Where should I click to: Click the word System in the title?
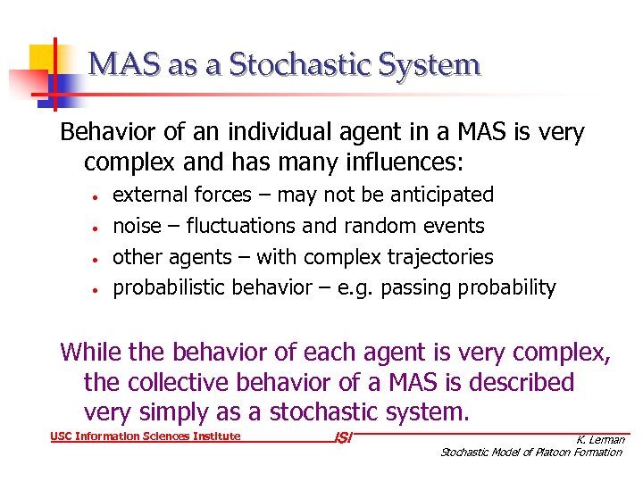tap(431, 65)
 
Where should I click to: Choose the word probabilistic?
tap(169, 287)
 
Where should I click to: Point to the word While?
tap(91, 352)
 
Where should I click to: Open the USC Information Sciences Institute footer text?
tap(144, 436)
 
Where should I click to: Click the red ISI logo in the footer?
tap(341, 439)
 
